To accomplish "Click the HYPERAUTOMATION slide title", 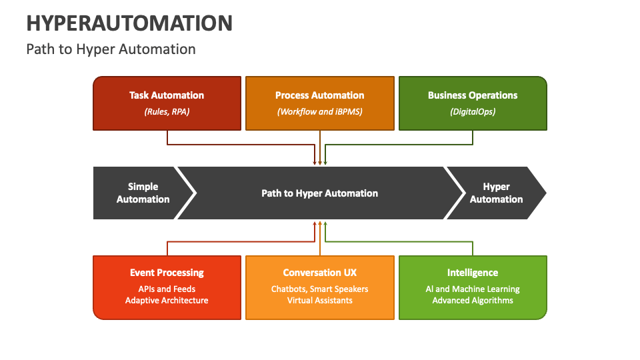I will tap(129, 23).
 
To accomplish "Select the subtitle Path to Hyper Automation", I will tap(111, 49).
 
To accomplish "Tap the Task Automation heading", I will tap(167, 95).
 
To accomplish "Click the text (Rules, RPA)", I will tap(167, 111).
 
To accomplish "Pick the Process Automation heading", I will tap(319, 95).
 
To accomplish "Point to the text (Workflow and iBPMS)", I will tap(319, 111).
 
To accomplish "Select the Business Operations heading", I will tap(472, 95).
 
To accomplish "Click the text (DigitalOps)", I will tap(472, 111).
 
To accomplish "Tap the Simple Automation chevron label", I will tap(143, 193).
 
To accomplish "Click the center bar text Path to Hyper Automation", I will tap(319, 193).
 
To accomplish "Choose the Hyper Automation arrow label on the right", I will tap(496, 193).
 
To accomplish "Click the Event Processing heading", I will tap(167, 273).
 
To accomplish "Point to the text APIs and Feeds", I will tap(167, 289).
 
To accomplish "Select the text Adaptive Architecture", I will tap(167, 300).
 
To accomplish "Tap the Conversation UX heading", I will tap(319, 273).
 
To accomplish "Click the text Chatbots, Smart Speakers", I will tap(319, 289).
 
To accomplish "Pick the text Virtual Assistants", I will tap(319, 300).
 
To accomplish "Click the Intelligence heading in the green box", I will tap(472, 273).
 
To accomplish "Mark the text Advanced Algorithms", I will tap(472, 300).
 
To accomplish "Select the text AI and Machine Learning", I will tap(472, 289).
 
